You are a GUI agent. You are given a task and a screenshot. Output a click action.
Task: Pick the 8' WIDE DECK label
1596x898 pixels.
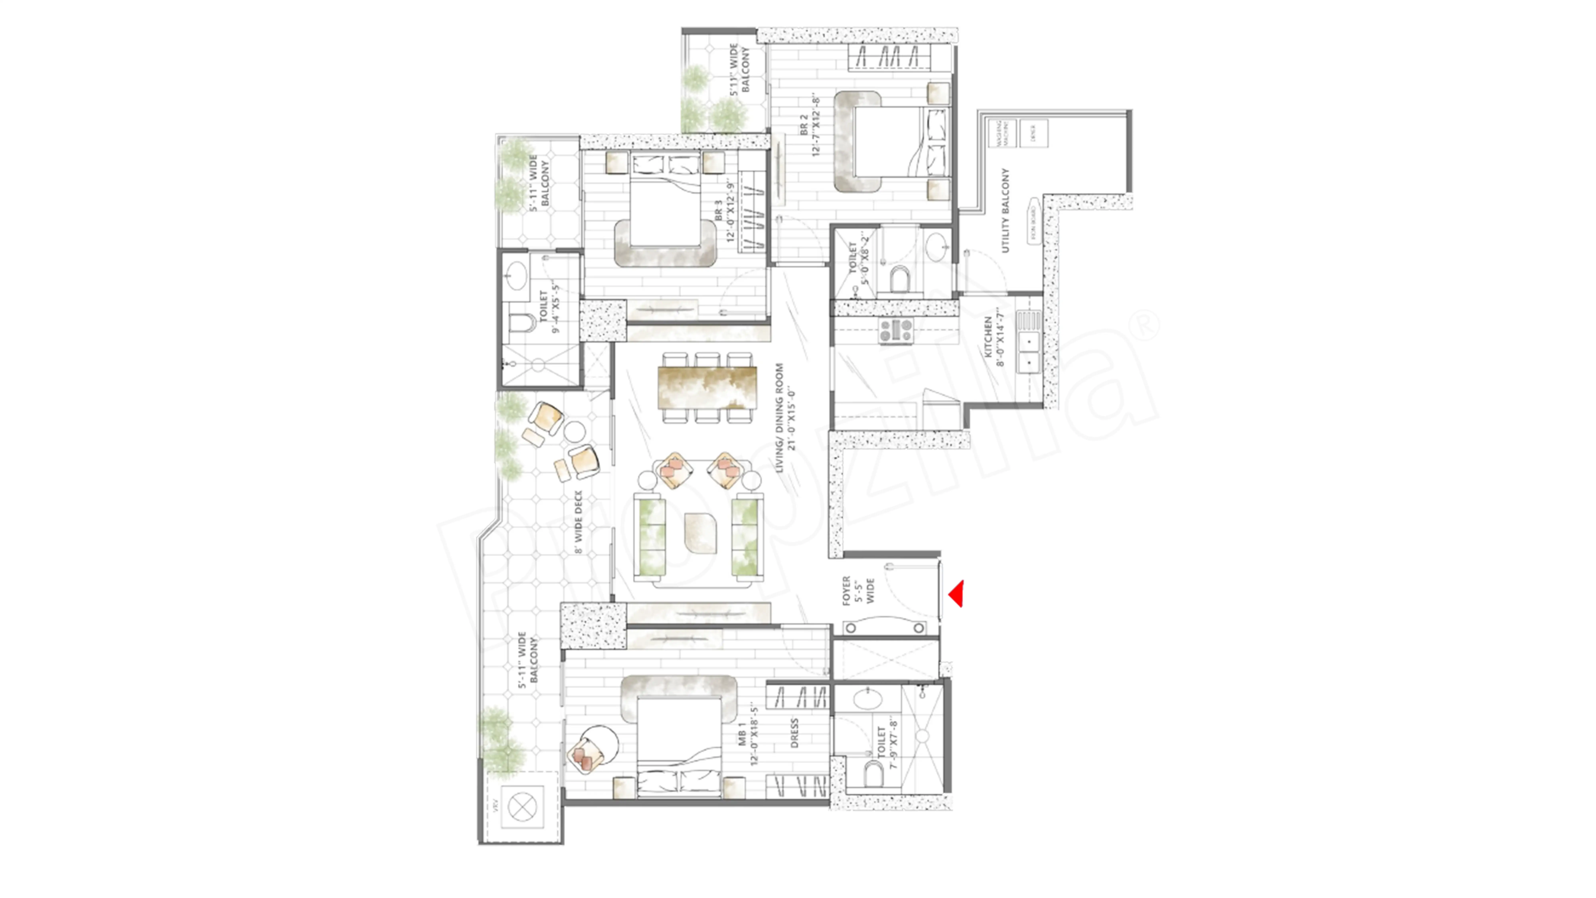[x=579, y=522]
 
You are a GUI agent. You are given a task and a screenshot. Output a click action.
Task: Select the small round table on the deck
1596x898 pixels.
[x=574, y=431]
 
